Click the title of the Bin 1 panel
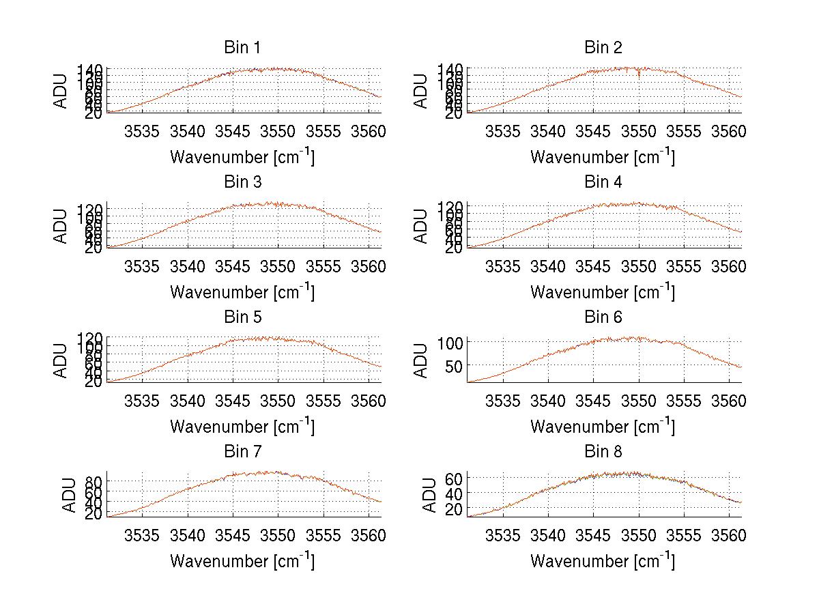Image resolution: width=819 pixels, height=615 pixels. (x=242, y=48)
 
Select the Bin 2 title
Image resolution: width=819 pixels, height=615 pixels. (x=603, y=48)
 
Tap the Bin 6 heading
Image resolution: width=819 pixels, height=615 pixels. (x=603, y=317)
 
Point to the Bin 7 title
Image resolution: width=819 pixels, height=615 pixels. (x=242, y=452)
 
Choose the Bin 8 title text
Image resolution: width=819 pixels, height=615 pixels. (x=603, y=452)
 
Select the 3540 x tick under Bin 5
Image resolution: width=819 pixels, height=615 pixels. (x=188, y=401)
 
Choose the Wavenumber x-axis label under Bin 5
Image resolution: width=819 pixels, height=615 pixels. (x=242, y=427)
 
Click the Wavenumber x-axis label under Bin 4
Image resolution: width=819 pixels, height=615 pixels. (x=603, y=291)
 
